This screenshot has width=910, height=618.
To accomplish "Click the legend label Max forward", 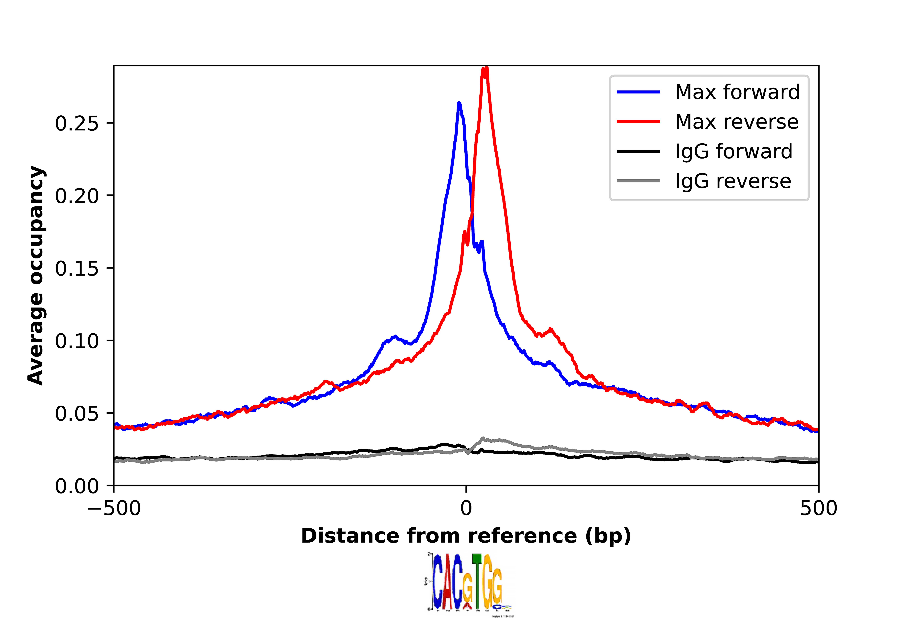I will click(x=737, y=92).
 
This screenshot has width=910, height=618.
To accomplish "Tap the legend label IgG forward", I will click(x=733, y=151).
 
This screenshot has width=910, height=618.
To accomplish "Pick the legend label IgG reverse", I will click(x=733, y=181).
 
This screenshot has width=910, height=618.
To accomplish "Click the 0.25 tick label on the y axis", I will click(x=77, y=123).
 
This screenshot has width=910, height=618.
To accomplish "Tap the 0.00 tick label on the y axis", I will click(x=77, y=486).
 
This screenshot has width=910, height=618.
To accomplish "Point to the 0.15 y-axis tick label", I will click(x=77, y=269).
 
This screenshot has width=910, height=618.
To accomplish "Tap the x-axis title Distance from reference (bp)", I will click(x=466, y=536).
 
